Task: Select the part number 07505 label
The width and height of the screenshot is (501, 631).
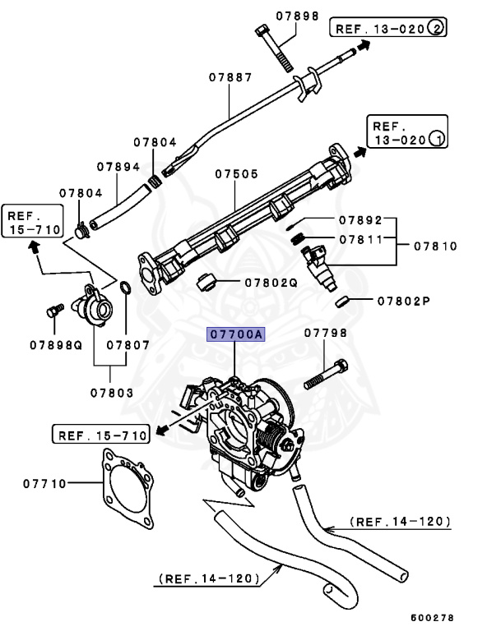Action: pos(237,174)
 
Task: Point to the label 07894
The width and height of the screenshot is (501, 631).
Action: pos(118,166)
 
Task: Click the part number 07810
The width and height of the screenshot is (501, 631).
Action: pos(435,245)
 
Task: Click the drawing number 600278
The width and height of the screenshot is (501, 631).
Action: pos(432,617)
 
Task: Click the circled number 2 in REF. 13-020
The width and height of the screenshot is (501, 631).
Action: pos(436,28)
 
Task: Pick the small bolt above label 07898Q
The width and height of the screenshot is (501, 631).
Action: pos(55,311)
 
